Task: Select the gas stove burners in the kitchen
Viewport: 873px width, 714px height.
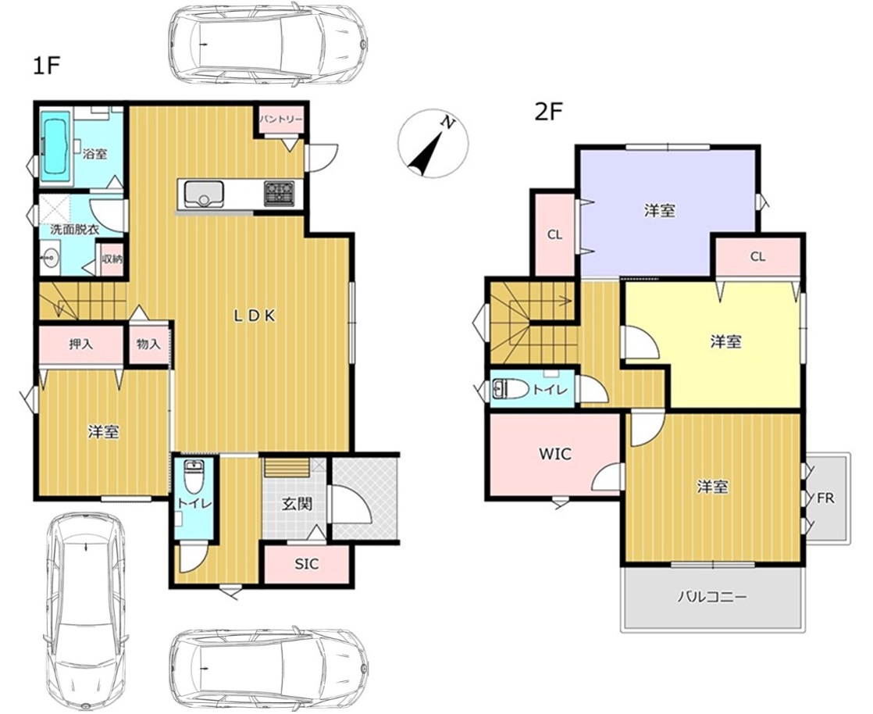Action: pos(281,193)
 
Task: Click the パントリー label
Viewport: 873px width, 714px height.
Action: pos(281,120)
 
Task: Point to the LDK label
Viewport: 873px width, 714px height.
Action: pos(254,316)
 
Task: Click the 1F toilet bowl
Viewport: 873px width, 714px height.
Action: pos(194,478)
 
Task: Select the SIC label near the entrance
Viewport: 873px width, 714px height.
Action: pos(307,564)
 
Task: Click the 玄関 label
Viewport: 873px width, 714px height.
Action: pos(296,504)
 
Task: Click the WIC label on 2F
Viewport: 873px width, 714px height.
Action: pos(555,454)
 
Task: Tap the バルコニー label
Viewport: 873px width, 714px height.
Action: pos(712,598)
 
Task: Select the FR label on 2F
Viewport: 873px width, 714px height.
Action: pos(825,498)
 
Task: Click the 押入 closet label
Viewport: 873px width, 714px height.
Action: pos(80,345)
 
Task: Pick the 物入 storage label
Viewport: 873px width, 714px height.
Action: pos(148,345)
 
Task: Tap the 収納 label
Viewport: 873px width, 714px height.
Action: pos(112,259)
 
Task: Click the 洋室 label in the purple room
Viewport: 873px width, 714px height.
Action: pos(660,210)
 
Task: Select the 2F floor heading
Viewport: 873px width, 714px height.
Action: pos(549,113)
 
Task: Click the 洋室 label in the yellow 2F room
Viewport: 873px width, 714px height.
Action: pos(725,341)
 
